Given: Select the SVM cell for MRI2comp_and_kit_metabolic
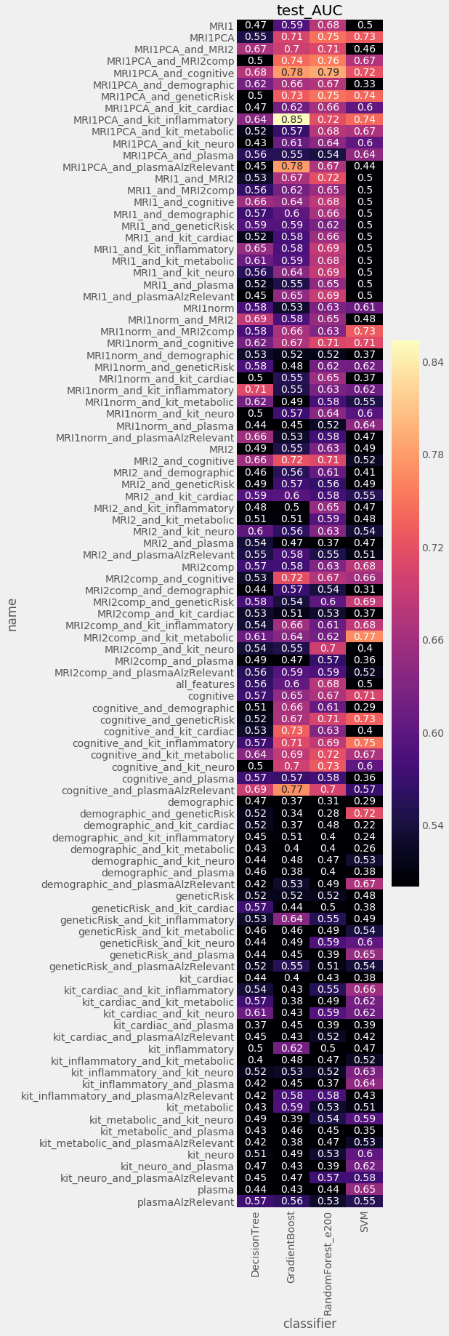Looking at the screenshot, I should click(365, 637).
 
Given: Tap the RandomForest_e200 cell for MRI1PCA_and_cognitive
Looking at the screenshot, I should click(328, 72).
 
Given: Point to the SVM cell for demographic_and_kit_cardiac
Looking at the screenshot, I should click(365, 825).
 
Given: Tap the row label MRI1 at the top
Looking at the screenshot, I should click(222, 25).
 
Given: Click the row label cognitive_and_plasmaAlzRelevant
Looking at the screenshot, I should click(148, 790).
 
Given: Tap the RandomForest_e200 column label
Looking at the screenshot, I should click(328, 1255).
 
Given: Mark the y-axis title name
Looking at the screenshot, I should click(12, 615).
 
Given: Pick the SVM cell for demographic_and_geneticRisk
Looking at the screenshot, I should click(365, 813).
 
